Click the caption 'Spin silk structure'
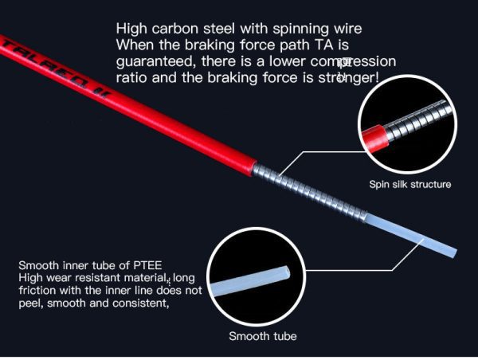click(x=409, y=185)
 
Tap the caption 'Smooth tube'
click(x=263, y=336)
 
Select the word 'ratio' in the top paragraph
click(x=131, y=78)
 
